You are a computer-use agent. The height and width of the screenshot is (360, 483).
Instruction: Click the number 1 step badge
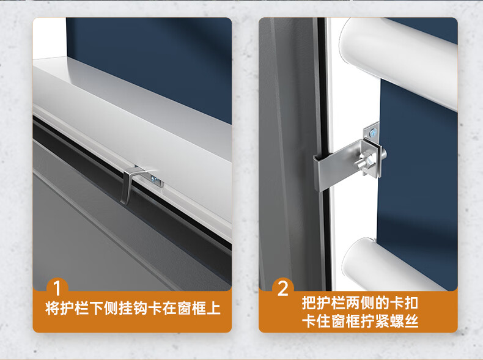click(x=57, y=288)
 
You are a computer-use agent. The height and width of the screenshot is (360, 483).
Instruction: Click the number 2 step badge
click(x=283, y=288)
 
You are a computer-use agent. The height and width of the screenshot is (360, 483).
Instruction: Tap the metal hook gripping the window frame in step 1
click(x=130, y=185)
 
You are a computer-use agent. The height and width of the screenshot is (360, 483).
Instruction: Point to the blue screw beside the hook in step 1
click(x=153, y=178)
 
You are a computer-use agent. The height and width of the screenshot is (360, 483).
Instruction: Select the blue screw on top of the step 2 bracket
click(x=374, y=133)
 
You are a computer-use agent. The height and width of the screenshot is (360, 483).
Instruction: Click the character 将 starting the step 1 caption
click(x=53, y=308)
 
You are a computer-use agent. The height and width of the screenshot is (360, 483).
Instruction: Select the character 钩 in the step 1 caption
click(x=141, y=308)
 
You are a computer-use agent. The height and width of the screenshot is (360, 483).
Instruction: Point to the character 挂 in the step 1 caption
click(x=126, y=308)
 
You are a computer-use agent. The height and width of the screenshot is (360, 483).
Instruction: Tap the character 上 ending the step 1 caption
click(x=213, y=308)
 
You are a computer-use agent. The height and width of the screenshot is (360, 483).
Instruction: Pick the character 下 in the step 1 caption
click(x=97, y=308)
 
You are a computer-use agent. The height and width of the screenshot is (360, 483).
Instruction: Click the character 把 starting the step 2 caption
click(x=309, y=303)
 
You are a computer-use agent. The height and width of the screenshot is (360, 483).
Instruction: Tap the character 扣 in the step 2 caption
click(x=411, y=303)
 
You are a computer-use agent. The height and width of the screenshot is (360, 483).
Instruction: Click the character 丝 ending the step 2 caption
click(x=411, y=321)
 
